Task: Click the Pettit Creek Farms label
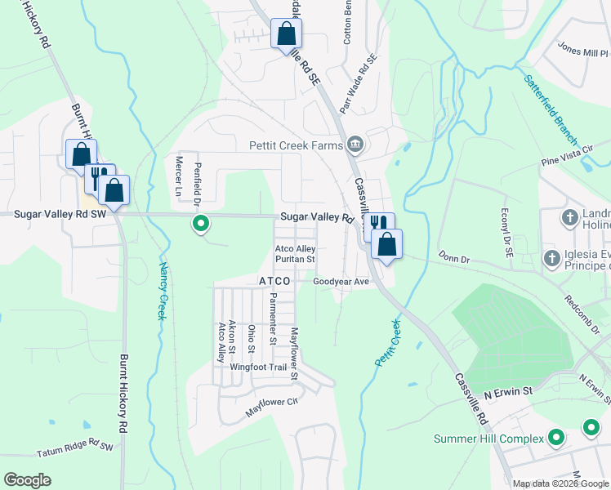[294, 146]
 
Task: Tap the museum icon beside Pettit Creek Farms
[355, 145]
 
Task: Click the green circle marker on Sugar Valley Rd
[199, 223]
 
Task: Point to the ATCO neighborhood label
[275, 281]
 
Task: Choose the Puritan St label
[295, 259]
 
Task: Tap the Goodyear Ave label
[341, 282]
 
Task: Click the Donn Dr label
[454, 257]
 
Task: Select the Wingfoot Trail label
[258, 367]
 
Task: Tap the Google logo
[27, 480]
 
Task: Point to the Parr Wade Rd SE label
[359, 84]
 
